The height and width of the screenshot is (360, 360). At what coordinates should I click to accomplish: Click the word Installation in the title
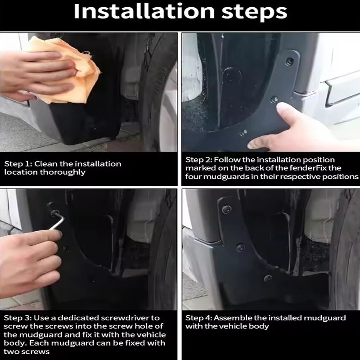click(144, 12)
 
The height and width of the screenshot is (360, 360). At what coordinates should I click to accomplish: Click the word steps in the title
click(254, 13)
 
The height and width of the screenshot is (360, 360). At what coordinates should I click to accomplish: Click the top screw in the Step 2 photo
click(290, 61)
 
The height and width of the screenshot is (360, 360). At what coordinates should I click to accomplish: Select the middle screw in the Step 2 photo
click(274, 99)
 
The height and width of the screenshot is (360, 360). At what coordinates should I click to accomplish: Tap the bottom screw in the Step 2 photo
click(243, 132)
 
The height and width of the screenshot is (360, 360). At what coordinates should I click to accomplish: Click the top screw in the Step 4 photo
click(227, 209)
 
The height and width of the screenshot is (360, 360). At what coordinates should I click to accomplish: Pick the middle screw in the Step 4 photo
click(240, 247)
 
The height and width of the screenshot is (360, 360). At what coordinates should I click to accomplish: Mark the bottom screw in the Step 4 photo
click(268, 278)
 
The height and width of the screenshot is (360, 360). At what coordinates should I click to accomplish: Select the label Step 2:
click(199, 160)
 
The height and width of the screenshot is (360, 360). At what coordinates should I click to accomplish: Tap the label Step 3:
click(18, 318)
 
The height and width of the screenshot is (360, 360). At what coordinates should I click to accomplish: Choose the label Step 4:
click(199, 318)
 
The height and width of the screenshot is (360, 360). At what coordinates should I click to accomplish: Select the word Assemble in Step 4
click(233, 318)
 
